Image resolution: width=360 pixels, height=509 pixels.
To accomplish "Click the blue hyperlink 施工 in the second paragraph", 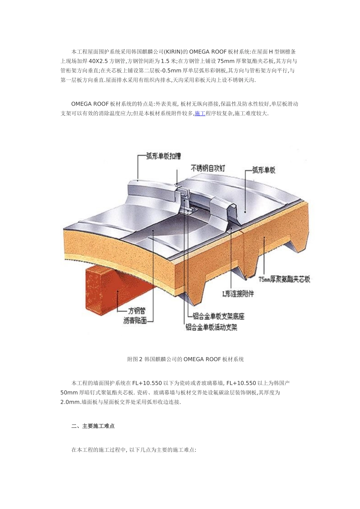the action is click(x=200, y=113).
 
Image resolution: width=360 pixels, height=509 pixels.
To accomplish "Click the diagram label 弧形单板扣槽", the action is click(x=163, y=156).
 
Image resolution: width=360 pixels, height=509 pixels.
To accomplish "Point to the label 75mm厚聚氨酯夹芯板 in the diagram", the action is click(x=284, y=279).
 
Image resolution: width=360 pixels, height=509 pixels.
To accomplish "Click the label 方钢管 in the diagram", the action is click(x=137, y=311).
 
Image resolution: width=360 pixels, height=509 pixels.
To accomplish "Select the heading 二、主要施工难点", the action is click(x=93, y=426).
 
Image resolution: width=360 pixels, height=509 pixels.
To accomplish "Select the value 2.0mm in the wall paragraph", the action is click(x=70, y=402).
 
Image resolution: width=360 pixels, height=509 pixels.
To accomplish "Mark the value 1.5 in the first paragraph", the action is click(x=165, y=61).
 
